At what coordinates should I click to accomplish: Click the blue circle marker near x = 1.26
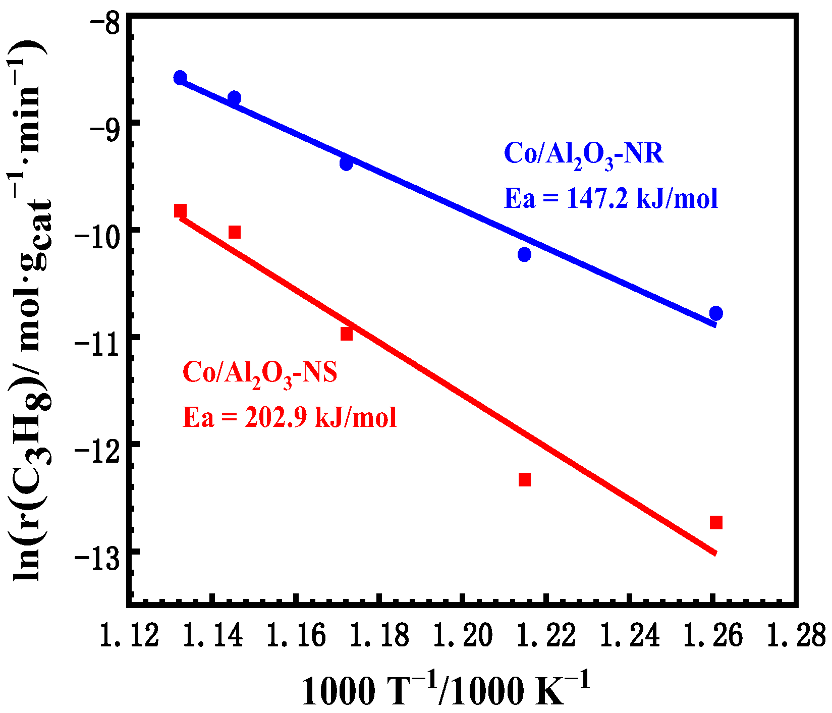pyautogui.click(x=715, y=313)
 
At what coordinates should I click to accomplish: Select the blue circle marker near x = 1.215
pyautogui.click(x=524, y=254)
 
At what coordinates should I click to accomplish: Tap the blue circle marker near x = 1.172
pyautogui.click(x=346, y=163)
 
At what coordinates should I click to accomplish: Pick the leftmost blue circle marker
pyautogui.click(x=180, y=77)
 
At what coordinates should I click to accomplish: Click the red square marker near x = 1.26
pyautogui.click(x=716, y=522)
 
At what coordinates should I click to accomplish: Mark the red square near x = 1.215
pyautogui.click(x=525, y=479)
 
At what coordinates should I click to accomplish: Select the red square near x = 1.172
pyautogui.click(x=346, y=334)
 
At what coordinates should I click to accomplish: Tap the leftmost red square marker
pyautogui.click(x=180, y=210)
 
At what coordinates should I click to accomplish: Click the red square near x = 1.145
pyautogui.click(x=235, y=232)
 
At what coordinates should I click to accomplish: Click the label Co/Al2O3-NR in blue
pyautogui.click(x=584, y=154)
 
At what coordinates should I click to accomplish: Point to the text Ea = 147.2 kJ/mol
pyautogui.click(x=611, y=198)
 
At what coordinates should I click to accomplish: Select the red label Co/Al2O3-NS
pyautogui.click(x=259, y=374)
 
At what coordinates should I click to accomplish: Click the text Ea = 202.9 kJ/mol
pyautogui.click(x=290, y=418)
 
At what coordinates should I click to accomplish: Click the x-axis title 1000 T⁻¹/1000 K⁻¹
pyautogui.click(x=446, y=690)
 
